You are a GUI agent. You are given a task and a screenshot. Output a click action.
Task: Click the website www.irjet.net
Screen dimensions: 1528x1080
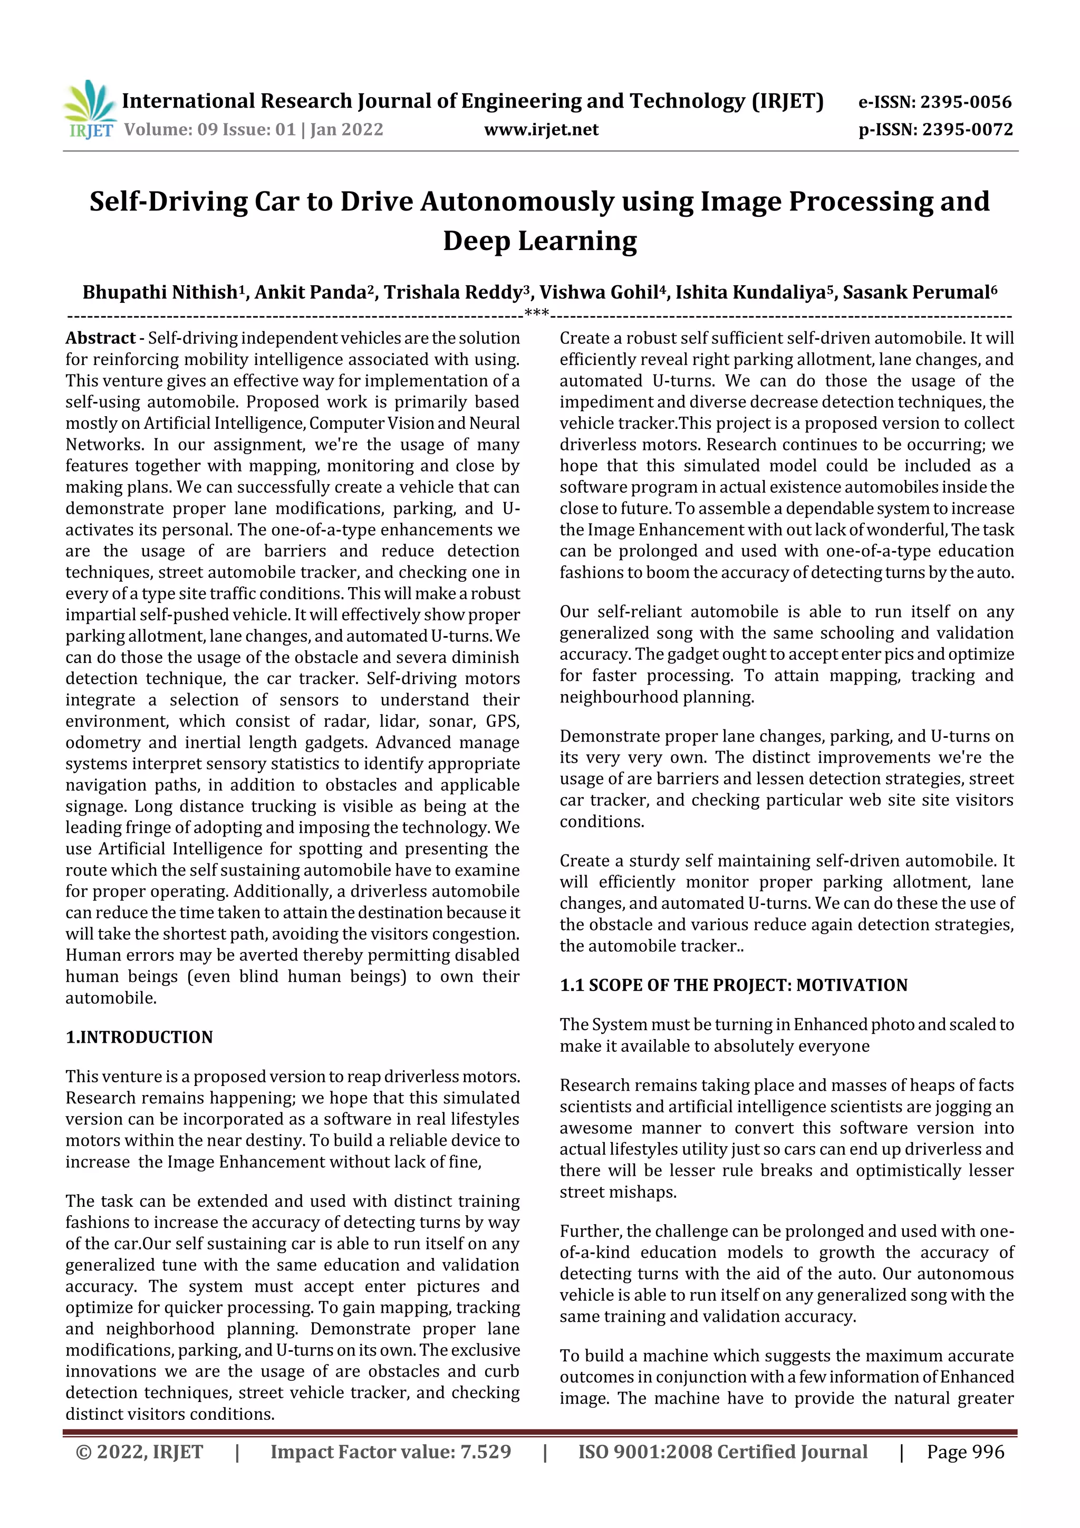[x=541, y=129]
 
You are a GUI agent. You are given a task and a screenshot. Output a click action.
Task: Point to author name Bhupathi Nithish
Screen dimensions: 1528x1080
[x=159, y=292]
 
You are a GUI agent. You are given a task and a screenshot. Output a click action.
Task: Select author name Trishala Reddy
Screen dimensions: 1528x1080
[x=452, y=292]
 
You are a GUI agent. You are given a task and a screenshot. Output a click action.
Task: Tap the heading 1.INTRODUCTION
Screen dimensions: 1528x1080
[x=139, y=1037]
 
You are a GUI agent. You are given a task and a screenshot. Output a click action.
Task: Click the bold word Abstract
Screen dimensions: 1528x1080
[x=100, y=338]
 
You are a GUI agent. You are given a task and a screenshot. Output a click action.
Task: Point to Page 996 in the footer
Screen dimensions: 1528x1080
[x=965, y=1452]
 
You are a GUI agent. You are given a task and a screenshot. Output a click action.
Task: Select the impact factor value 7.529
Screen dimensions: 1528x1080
[x=486, y=1452]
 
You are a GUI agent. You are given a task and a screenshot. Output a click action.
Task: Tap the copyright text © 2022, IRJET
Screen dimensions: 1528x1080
[x=139, y=1452]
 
